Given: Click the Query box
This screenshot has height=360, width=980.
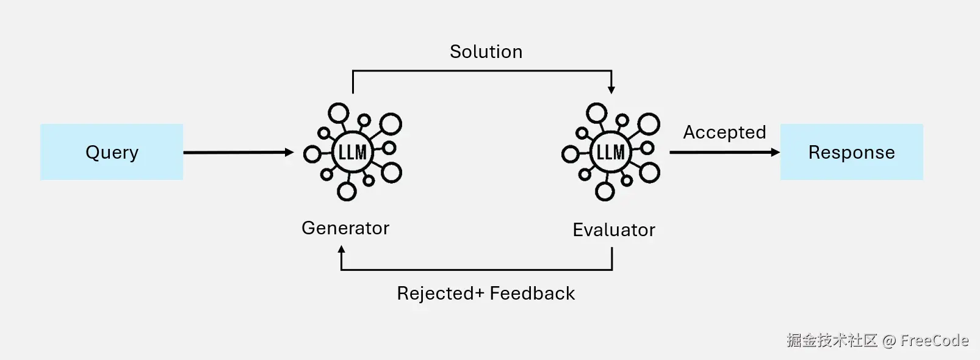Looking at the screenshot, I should [112, 152].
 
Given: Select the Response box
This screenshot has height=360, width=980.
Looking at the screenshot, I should [851, 152].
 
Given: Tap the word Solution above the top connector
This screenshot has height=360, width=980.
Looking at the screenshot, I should [486, 52].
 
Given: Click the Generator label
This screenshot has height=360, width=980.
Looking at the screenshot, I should [345, 228].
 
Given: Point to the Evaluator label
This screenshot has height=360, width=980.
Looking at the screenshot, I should [613, 230].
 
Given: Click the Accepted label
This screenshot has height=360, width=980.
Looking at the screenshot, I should [724, 132].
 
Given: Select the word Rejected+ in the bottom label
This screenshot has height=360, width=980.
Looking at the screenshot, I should [440, 293].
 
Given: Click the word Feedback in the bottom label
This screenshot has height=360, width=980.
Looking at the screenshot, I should [532, 293].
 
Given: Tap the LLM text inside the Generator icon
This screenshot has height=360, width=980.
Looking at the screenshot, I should [353, 152].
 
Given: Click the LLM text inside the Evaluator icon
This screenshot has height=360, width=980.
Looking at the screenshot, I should [611, 152].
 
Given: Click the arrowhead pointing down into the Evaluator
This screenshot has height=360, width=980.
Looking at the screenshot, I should [611, 90].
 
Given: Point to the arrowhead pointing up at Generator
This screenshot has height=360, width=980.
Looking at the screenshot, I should [341, 249].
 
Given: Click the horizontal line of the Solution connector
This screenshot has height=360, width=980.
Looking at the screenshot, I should [482, 71].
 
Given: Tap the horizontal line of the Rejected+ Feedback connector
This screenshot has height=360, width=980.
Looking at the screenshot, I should [476, 270].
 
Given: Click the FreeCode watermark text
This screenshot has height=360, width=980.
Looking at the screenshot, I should [934, 340].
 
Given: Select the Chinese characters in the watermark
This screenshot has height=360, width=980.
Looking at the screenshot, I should [832, 340].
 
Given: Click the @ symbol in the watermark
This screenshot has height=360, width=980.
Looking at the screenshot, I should [889, 341].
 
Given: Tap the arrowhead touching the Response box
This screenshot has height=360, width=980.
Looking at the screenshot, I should [776, 153].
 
